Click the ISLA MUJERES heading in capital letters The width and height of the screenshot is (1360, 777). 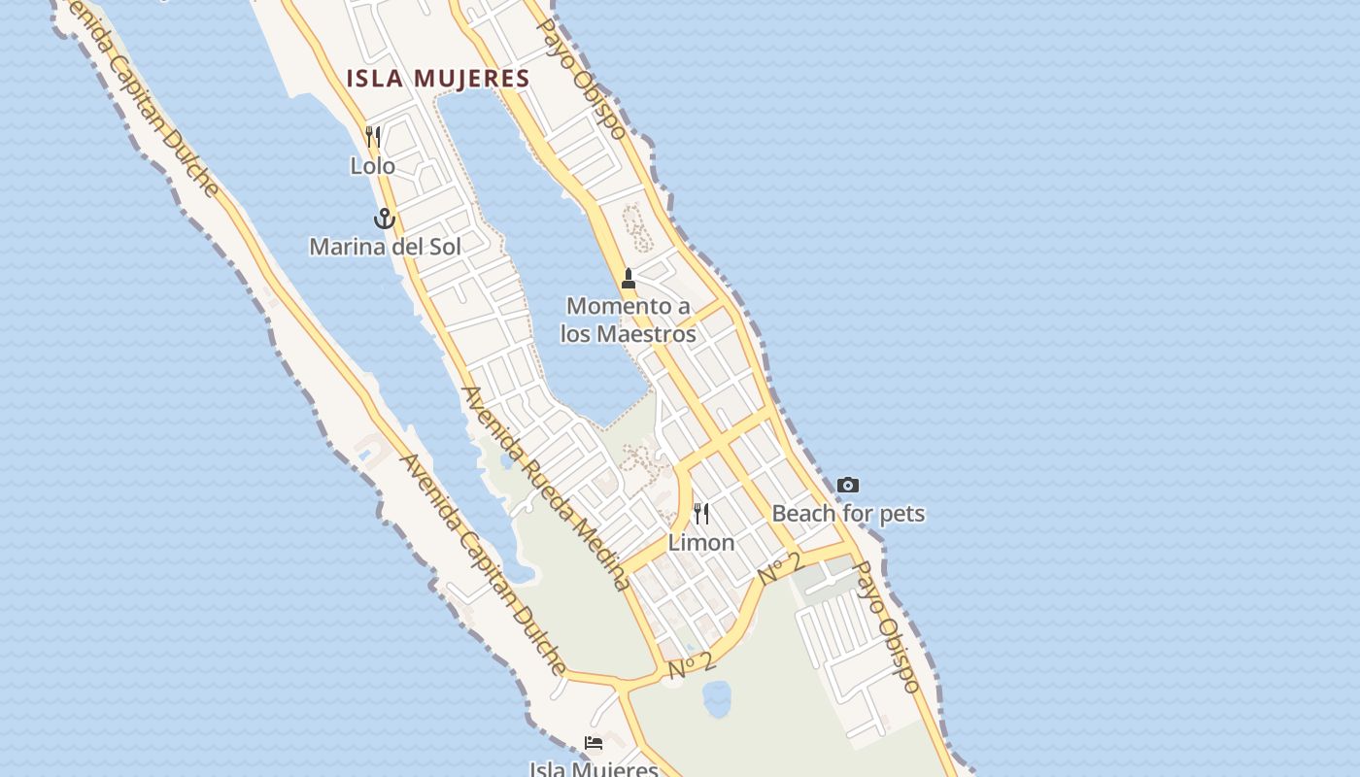coord(439,79)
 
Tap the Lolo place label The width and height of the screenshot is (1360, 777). coord(373,166)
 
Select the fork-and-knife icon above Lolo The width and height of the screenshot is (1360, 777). coord(373,136)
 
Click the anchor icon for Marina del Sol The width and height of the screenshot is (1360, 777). coord(385,219)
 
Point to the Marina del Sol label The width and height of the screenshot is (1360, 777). coord(385,247)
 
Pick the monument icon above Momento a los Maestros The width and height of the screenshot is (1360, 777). coord(629,279)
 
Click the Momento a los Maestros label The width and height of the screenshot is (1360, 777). coord(629,320)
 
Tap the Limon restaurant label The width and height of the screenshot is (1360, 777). coord(701,543)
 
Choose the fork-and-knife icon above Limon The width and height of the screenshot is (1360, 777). coord(701,513)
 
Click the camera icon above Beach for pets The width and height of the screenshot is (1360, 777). coord(848,485)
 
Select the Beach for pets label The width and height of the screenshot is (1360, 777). coord(848,513)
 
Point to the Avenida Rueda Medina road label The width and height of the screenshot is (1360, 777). coord(546,489)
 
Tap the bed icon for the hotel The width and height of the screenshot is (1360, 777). coord(594,743)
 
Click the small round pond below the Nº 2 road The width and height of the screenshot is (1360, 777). coord(717,697)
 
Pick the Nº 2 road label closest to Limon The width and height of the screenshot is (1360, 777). coord(781,567)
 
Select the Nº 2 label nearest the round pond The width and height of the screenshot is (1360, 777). coord(692,664)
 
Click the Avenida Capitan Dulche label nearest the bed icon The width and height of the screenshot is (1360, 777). coord(483,564)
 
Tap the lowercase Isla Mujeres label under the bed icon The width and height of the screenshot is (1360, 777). coord(594,769)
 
